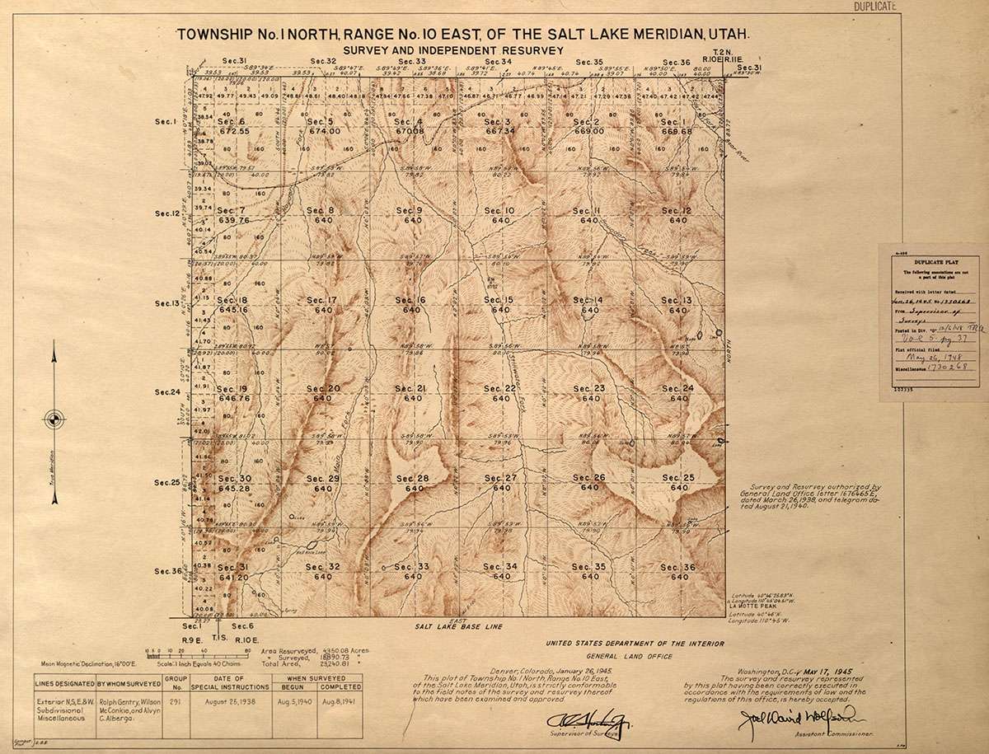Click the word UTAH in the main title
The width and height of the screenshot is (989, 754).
[729, 35]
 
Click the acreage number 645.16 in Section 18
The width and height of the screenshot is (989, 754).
[233, 310]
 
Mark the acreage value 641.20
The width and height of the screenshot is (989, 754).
[233, 577]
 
